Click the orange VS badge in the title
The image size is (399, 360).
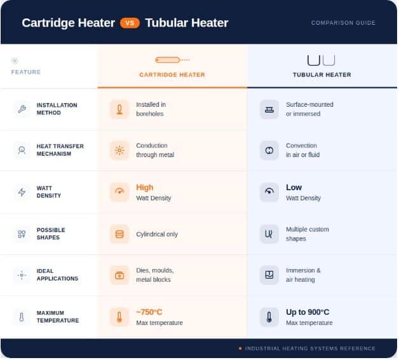(130, 23)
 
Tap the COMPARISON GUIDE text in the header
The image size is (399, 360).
(343, 23)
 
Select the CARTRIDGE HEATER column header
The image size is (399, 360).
(172, 74)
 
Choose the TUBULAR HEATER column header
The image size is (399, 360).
(322, 74)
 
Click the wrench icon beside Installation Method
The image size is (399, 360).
(22, 109)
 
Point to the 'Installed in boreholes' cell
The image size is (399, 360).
(151, 109)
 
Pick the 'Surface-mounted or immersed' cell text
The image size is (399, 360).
(309, 109)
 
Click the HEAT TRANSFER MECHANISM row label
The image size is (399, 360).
(60, 150)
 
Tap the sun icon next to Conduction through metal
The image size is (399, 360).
(119, 150)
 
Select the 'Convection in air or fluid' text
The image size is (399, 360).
(302, 150)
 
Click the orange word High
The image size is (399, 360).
(144, 187)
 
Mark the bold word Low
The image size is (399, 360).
(294, 187)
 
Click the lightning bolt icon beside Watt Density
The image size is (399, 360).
(22, 192)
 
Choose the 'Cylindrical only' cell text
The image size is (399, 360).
(157, 234)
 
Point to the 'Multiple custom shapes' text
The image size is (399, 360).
(307, 234)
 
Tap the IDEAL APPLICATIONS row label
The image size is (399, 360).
(57, 275)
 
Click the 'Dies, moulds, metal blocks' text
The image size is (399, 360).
(155, 275)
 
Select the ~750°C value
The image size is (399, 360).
(149, 312)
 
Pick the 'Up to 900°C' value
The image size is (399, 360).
(308, 312)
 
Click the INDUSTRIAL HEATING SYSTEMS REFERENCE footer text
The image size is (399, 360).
(310, 349)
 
